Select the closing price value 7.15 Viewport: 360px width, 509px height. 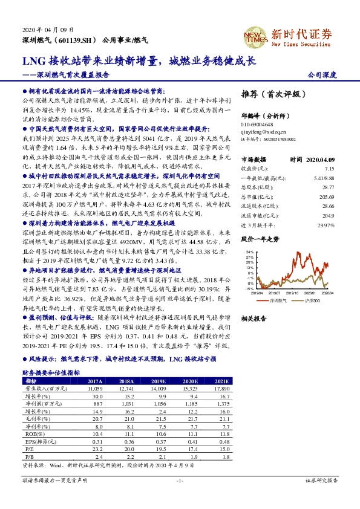click(x=329, y=169)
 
